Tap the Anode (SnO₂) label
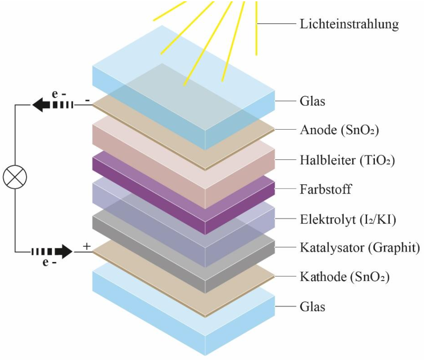point(339,130)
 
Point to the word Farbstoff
point(326,189)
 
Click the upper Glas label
point(312,101)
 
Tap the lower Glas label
point(312,307)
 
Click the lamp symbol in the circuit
point(15,177)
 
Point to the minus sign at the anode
point(87,100)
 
